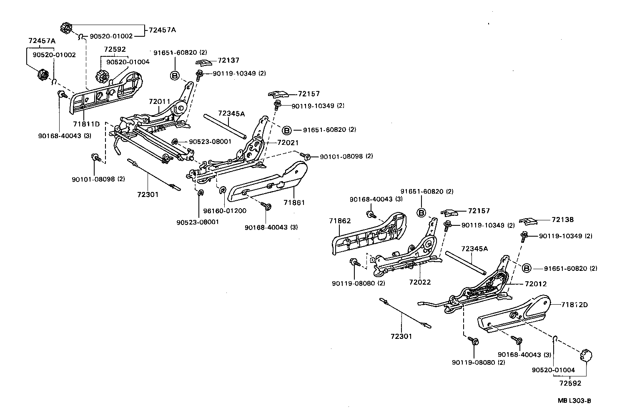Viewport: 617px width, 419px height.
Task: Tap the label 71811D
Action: tap(86, 124)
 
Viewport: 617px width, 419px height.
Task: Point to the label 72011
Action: tap(160, 101)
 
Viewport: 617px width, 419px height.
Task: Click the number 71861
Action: tap(294, 202)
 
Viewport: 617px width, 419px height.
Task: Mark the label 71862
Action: tap(340, 221)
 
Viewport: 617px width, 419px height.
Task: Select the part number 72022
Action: tap(420, 282)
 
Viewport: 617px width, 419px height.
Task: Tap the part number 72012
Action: tap(536, 284)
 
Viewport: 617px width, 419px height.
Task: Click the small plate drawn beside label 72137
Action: tap(203, 63)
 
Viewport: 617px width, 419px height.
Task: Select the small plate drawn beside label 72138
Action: tap(527, 220)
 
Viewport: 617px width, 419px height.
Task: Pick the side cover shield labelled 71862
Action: tap(367, 236)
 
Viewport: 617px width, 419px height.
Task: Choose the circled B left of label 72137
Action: tap(175, 76)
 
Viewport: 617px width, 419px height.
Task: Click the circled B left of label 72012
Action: tap(527, 268)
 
